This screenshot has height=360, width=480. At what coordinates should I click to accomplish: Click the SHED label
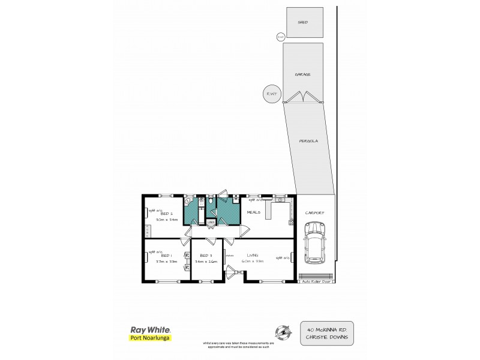pyautogui.click(x=302, y=22)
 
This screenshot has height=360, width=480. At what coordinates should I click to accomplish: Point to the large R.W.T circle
pyautogui.click(x=272, y=94)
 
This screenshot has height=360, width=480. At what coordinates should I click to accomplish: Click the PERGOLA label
pyautogui.click(x=309, y=141)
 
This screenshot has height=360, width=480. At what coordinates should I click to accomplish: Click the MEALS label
pyautogui.click(x=253, y=211)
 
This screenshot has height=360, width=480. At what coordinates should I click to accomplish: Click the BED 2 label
pyautogui.click(x=167, y=214)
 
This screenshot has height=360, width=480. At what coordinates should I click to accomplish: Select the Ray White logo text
pyautogui.click(x=150, y=330)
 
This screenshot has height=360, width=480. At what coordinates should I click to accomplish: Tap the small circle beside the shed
pyautogui.click(x=280, y=37)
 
